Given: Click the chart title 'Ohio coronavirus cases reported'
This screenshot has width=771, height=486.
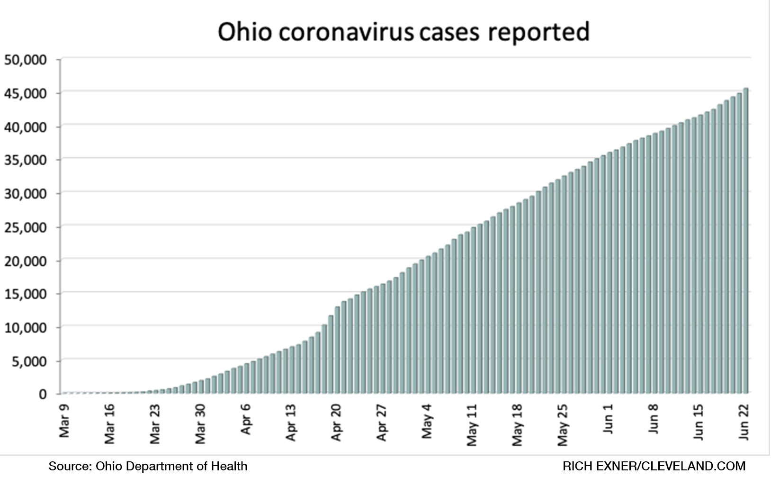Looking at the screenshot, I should [403, 32].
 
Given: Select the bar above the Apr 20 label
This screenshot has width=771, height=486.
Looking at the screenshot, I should [337, 351].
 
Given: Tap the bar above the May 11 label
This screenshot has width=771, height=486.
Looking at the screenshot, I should [473, 310].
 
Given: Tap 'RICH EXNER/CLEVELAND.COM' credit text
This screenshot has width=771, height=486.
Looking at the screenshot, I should [654, 466].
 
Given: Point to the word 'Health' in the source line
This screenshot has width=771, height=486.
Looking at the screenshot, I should [230, 466].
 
